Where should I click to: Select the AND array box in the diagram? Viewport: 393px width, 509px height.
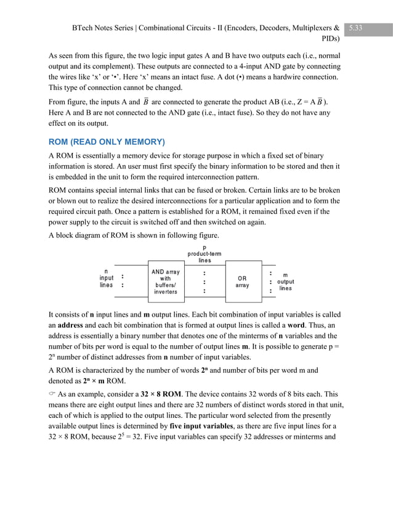coord(166,282)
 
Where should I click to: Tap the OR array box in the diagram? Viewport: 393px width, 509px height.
coord(242,282)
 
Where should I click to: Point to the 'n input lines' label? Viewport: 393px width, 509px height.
coord(107,278)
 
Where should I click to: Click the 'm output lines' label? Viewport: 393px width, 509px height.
coord(285,282)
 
